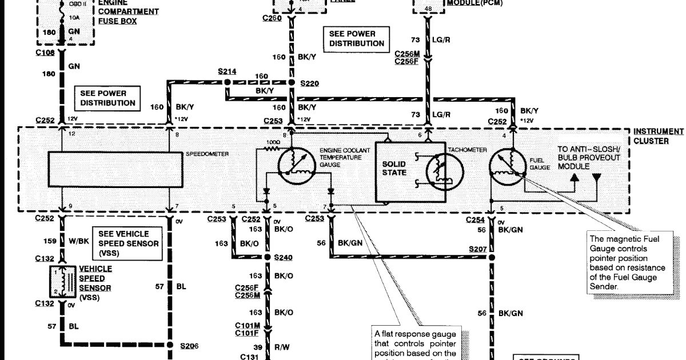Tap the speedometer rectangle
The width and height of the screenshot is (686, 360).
tap(115, 169)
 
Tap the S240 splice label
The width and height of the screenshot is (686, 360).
tap(282, 257)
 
